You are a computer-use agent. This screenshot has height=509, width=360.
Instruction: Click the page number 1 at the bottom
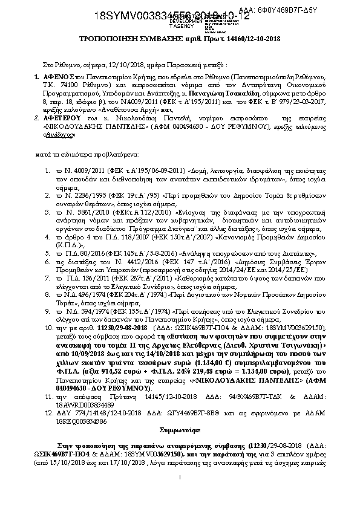pos(181,496)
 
